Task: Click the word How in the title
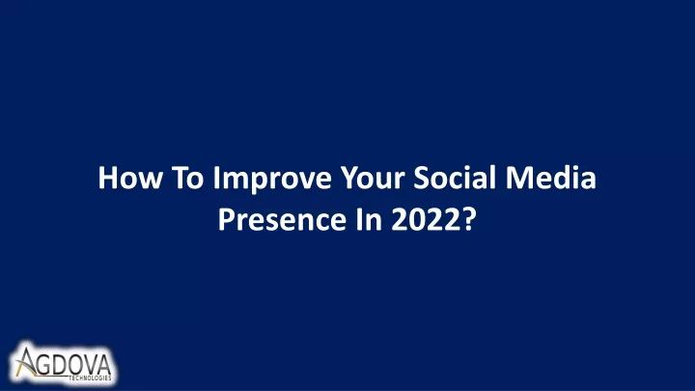click(x=130, y=178)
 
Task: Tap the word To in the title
click(x=187, y=178)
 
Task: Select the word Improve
click(x=272, y=180)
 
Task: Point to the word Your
click(x=373, y=178)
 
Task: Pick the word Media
click(x=551, y=178)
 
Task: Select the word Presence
click(x=282, y=219)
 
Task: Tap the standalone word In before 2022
click(x=369, y=219)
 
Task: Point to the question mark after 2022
click(x=469, y=219)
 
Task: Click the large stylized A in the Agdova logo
click(x=26, y=362)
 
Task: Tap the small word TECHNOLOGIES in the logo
click(x=90, y=378)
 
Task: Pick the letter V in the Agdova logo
click(x=92, y=364)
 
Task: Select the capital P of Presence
click(x=226, y=219)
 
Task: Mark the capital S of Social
click(x=422, y=178)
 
